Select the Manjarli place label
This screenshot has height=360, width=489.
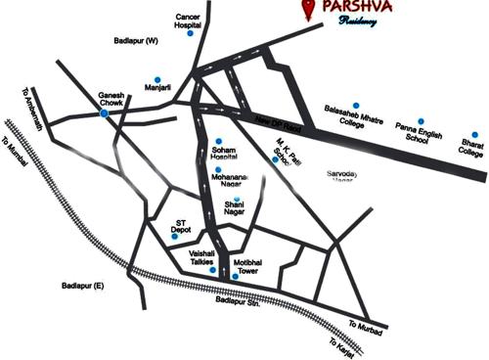pyautogui.click(x=157, y=89)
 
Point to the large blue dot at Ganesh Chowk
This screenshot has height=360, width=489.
pyautogui.click(x=105, y=113)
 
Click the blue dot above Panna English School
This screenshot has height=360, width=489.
pyautogui.click(x=421, y=121)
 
